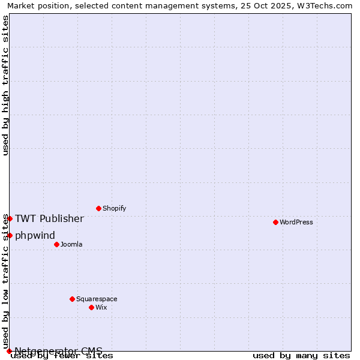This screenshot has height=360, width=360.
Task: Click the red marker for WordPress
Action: tap(275, 222)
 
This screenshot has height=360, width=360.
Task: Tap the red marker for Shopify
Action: tap(98, 208)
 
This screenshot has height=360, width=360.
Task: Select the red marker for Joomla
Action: tap(56, 244)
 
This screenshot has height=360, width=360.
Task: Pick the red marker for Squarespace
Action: tap(72, 299)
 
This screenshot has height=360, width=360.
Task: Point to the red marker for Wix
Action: tap(91, 307)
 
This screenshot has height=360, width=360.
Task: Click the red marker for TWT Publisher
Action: tap(10, 218)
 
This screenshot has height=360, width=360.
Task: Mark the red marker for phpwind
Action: tap(10, 235)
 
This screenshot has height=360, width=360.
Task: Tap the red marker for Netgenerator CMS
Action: tap(9, 351)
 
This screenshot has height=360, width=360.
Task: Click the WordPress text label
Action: tap(296, 222)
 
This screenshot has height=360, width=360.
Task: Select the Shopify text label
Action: tap(114, 208)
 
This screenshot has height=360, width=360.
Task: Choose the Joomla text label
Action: tap(71, 244)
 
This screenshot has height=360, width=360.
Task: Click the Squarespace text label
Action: tap(97, 299)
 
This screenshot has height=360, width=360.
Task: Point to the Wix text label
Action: tap(101, 307)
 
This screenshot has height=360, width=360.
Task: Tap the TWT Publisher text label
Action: tap(49, 218)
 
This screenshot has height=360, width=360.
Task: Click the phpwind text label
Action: tap(35, 235)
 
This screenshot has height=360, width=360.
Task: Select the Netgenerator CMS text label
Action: tap(58, 351)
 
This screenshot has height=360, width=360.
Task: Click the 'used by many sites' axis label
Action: tap(301, 355)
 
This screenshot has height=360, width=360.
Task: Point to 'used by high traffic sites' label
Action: tap(5, 85)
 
